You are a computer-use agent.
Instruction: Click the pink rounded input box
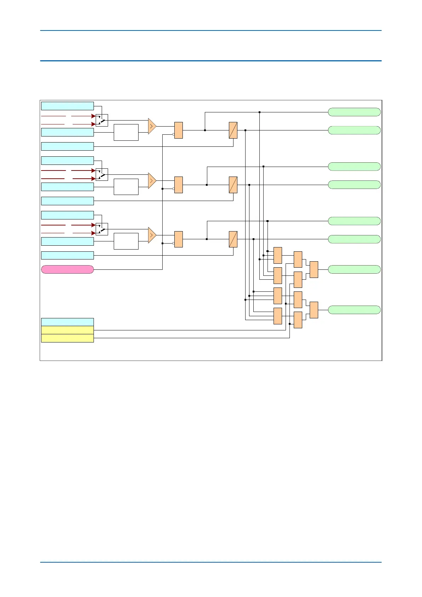[67, 269]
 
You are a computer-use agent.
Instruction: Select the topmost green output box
[354, 112]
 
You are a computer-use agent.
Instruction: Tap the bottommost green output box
[354, 310]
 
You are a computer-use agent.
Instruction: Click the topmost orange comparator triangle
[152, 126]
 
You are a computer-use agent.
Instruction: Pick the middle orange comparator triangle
[152, 181]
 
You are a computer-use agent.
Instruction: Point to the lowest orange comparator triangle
[152, 235]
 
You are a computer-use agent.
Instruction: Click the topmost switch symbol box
[102, 120]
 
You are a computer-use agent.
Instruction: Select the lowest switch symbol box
[102, 229]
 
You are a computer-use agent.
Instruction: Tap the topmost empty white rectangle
[126, 132]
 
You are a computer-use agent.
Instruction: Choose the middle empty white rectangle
[126, 187]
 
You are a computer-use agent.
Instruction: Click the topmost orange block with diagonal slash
[233, 130]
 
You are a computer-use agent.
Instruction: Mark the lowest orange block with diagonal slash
[233, 239]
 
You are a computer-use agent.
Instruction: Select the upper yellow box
[67, 330]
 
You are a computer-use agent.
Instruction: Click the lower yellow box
[67, 338]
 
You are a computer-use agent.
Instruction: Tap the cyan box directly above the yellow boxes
[67, 322]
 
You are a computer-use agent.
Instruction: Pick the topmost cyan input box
[67, 106]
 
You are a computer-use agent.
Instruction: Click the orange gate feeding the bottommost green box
[314, 310]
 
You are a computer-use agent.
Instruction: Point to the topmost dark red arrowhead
[94, 116]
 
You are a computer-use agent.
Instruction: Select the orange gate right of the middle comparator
[179, 185]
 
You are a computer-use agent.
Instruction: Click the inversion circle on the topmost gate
[173, 134]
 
